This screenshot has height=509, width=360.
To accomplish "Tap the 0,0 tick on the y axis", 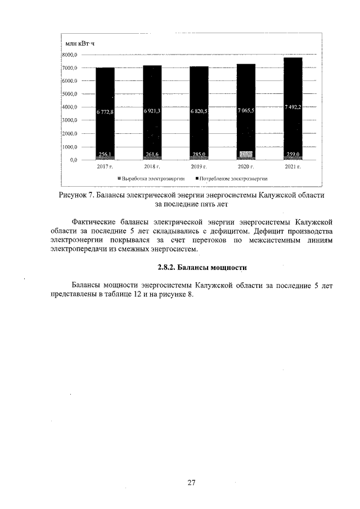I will (x=73, y=160).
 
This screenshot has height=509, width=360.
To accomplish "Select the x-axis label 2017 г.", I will (x=105, y=167).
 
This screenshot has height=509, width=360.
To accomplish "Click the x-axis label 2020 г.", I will (x=245, y=167).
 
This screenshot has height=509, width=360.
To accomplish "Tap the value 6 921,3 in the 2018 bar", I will (x=152, y=112).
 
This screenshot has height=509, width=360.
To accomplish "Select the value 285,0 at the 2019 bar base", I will (x=199, y=154).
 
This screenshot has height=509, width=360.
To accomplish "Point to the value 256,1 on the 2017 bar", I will (x=105, y=154).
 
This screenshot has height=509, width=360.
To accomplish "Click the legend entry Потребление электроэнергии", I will (x=231, y=178).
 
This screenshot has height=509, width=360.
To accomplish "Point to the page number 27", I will (x=191, y=483).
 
